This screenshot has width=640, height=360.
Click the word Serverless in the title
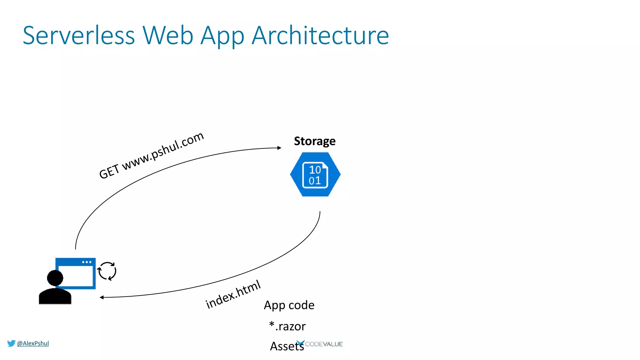pos(79,36)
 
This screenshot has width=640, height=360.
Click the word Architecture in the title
pos(320,36)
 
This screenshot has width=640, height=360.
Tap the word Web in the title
pos(168,36)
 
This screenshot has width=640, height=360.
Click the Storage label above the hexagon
pos(315,141)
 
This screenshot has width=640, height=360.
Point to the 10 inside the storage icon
pos(315,170)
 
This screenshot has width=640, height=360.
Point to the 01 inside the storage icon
pos(315,181)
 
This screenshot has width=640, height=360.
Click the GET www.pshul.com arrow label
pos(151,155)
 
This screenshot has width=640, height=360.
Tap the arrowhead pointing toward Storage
pos(279,148)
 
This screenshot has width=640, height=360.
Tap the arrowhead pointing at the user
pos(102,297)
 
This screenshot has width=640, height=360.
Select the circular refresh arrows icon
pos(107,271)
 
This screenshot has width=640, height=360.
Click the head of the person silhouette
pos(55,278)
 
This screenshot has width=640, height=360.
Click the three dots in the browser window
pos(87,262)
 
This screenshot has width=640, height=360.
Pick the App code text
pos(289,305)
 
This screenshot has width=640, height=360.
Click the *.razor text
pos(287,326)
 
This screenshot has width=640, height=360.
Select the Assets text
pos(287,346)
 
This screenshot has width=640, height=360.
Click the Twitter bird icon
pos(11,343)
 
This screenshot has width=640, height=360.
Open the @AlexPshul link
pos(33,343)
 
